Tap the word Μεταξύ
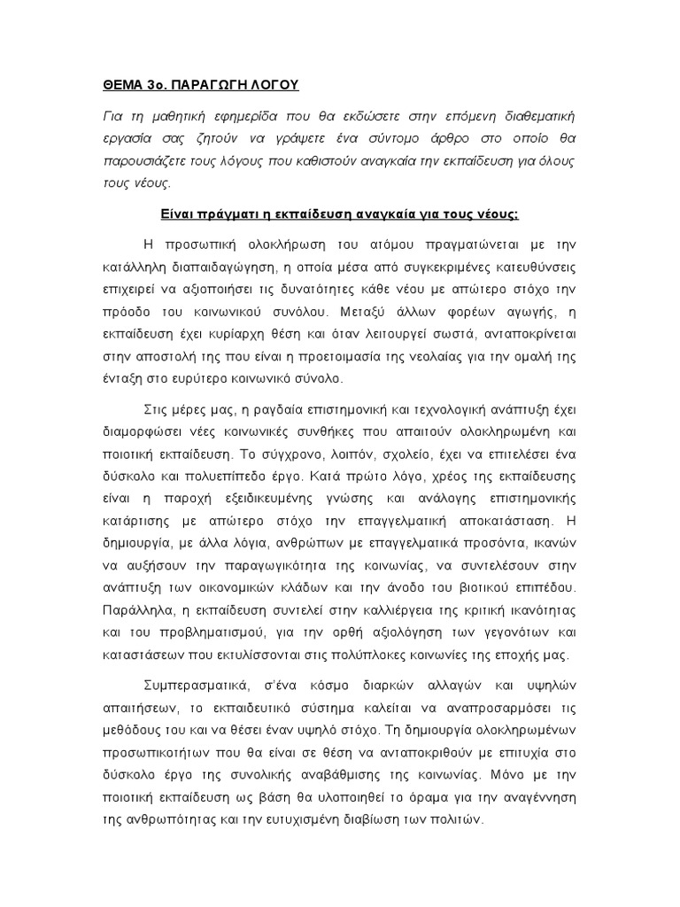pos(360,312)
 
